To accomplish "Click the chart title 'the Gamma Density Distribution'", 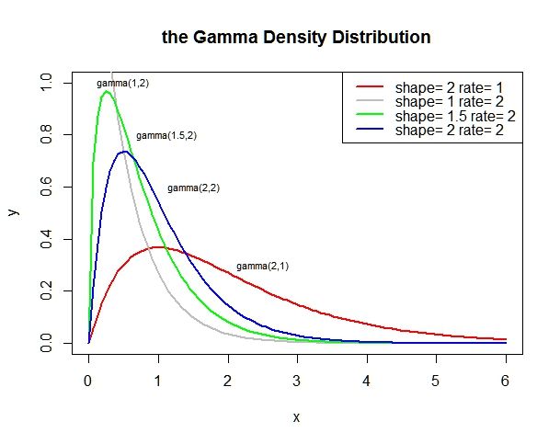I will point(295,38).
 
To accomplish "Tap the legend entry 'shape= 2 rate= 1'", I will point(454,87).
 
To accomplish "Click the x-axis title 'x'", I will point(296,416).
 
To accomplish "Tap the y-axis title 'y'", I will point(13,211).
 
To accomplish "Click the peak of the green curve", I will point(107,91).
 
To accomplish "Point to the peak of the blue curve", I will point(124,152).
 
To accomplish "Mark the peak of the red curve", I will point(158,247).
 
